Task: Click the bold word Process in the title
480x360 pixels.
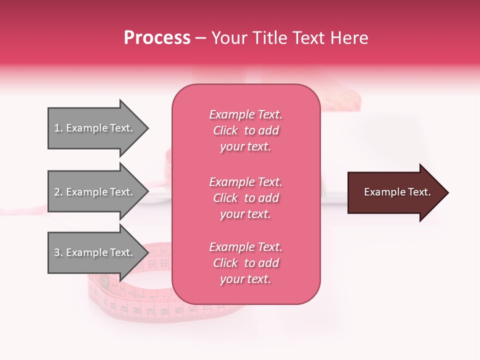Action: (x=157, y=38)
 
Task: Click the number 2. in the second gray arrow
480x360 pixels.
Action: (x=58, y=192)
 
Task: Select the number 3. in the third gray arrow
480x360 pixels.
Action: (x=58, y=252)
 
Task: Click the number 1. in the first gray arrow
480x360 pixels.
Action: (x=58, y=128)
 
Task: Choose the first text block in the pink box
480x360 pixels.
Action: (x=245, y=130)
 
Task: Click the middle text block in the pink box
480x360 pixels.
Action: (x=245, y=198)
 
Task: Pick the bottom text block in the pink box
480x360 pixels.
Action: (x=245, y=263)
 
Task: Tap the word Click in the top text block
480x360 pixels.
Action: (x=225, y=130)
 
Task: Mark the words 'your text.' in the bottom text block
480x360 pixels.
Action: (x=245, y=279)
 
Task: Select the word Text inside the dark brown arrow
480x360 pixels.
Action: (x=420, y=192)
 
